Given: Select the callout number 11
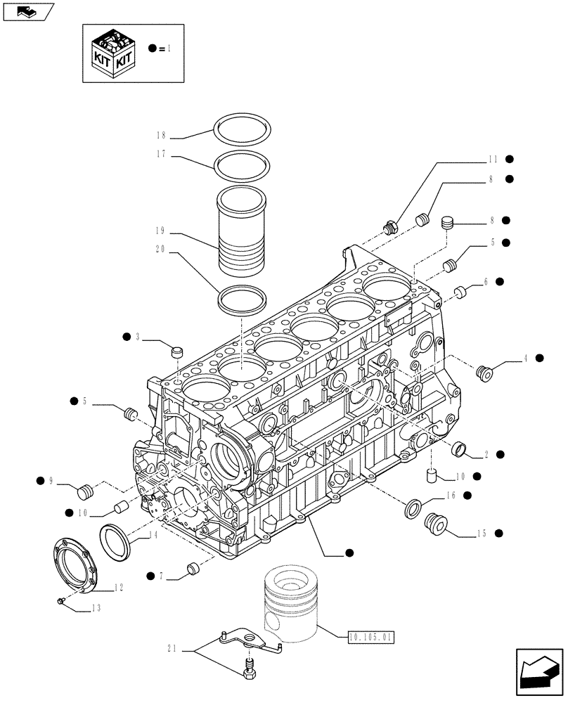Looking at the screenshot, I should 493,160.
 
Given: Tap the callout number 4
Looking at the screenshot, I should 524,359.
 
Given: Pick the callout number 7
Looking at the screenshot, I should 162,576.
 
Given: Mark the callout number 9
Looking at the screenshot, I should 51,481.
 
